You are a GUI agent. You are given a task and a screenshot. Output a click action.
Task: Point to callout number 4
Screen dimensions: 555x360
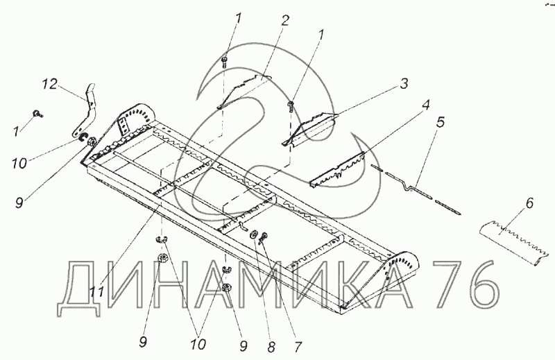pyautogui.click(x=425, y=107)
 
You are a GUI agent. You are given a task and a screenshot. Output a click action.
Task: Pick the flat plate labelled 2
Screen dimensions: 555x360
pyautogui.click(x=243, y=90)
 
